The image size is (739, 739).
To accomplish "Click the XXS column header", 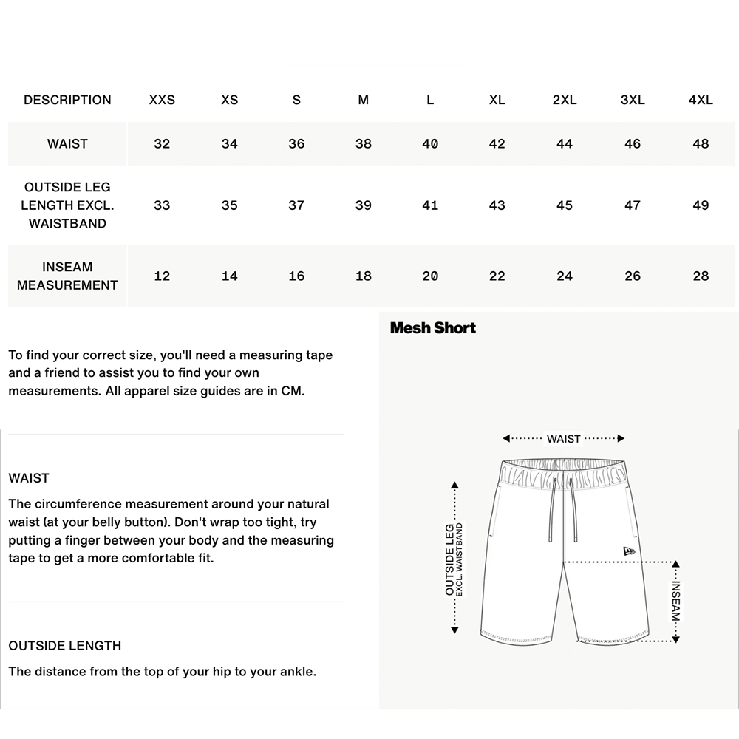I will (x=162, y=100).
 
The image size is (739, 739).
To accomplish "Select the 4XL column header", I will (x=701, y=100).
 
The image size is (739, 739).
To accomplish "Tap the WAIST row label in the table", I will (x=67, y=143).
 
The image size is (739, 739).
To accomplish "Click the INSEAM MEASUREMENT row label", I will (x=67, y=276).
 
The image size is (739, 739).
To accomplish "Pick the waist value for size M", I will (x=363, y=143).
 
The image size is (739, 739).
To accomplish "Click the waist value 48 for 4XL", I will (x=701, y=143).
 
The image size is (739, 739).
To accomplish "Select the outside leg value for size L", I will (x=430, y=205).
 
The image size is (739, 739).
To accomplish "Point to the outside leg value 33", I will (x=162, y=205).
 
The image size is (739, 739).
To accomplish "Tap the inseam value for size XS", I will (x=230, y=276).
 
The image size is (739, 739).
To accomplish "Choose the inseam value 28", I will (x=701, y=276).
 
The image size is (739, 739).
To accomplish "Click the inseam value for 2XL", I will (x=565, y=276).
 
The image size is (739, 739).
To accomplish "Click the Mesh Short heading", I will (x=433, y=327).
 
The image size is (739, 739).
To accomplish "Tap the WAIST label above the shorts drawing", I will (x=564, y=439).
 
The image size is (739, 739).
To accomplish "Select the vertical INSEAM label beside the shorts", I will (x=676, y=600).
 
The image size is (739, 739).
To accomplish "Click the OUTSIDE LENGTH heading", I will (x=65, y=646).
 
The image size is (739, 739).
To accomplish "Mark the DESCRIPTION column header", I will (x=67, y=100).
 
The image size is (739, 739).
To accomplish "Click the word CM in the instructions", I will (x=293, y=391).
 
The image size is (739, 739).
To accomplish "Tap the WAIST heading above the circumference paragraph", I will (x=29, y=478).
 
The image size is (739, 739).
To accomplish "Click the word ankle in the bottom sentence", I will (x=296, y=672).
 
